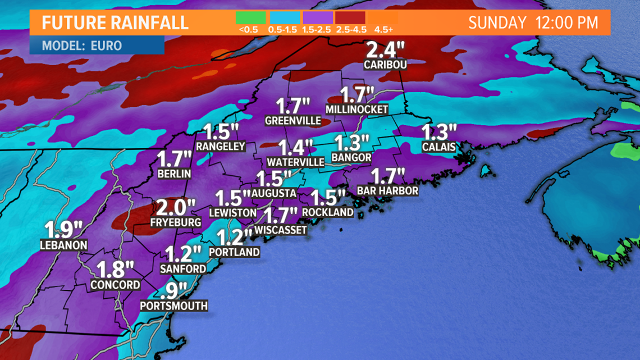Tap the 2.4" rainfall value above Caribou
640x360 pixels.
[385, 51]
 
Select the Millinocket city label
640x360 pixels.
[359, 110]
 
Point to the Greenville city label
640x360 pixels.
[292, 120]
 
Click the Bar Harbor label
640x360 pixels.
[387, 191]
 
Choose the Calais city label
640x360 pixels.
[438, 147]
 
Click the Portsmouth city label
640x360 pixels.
[173, 306]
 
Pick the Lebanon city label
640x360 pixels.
[63, 245]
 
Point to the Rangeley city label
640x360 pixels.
[221, 146]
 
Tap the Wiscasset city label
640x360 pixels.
[281, 230]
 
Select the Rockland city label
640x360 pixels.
[328, 212]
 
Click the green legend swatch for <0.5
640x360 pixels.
[250, 17]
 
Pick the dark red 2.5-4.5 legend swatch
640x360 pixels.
[350, 17]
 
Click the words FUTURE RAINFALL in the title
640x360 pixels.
[115, 23]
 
